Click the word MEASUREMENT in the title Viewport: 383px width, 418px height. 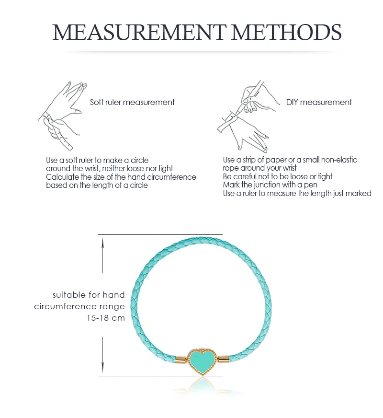139,32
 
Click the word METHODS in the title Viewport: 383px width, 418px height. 286,32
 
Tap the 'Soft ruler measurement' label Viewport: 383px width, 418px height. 132,102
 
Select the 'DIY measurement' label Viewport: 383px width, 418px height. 319,102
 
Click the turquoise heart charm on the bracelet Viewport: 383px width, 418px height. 203,360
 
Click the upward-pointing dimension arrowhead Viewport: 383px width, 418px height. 103,243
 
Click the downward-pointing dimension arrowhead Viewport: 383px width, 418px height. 103,368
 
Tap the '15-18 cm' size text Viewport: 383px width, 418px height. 106,318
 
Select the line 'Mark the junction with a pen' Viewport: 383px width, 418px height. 270,185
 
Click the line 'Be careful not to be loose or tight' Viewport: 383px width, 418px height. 278,176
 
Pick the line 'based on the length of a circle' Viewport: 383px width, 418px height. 97,186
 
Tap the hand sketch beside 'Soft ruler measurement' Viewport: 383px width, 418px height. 62,116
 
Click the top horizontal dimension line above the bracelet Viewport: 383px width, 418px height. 160,234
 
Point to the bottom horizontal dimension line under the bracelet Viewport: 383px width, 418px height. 160,376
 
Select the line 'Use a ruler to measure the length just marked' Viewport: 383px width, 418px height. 297,193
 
